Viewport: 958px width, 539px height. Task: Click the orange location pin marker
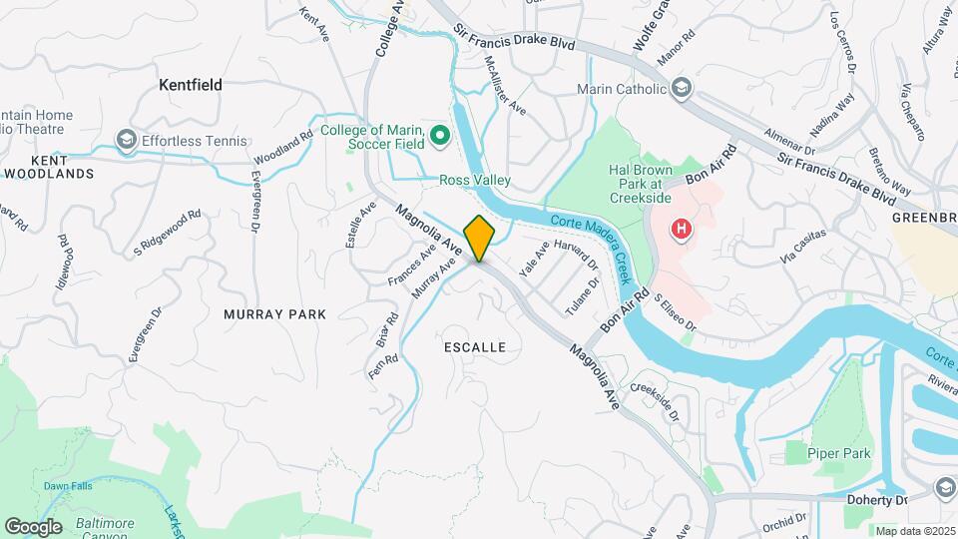479,238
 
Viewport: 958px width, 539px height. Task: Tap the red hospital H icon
682,230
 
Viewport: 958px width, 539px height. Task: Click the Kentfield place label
191,86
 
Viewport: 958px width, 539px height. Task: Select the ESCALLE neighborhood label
474,347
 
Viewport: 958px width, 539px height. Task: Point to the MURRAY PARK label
275,314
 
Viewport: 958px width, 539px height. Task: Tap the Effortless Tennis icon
127,140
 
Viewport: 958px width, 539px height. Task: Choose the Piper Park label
841,454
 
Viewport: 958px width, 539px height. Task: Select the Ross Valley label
475,181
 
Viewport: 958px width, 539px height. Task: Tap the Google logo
33,526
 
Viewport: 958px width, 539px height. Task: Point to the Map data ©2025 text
914,531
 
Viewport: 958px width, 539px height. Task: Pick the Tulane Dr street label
583,296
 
